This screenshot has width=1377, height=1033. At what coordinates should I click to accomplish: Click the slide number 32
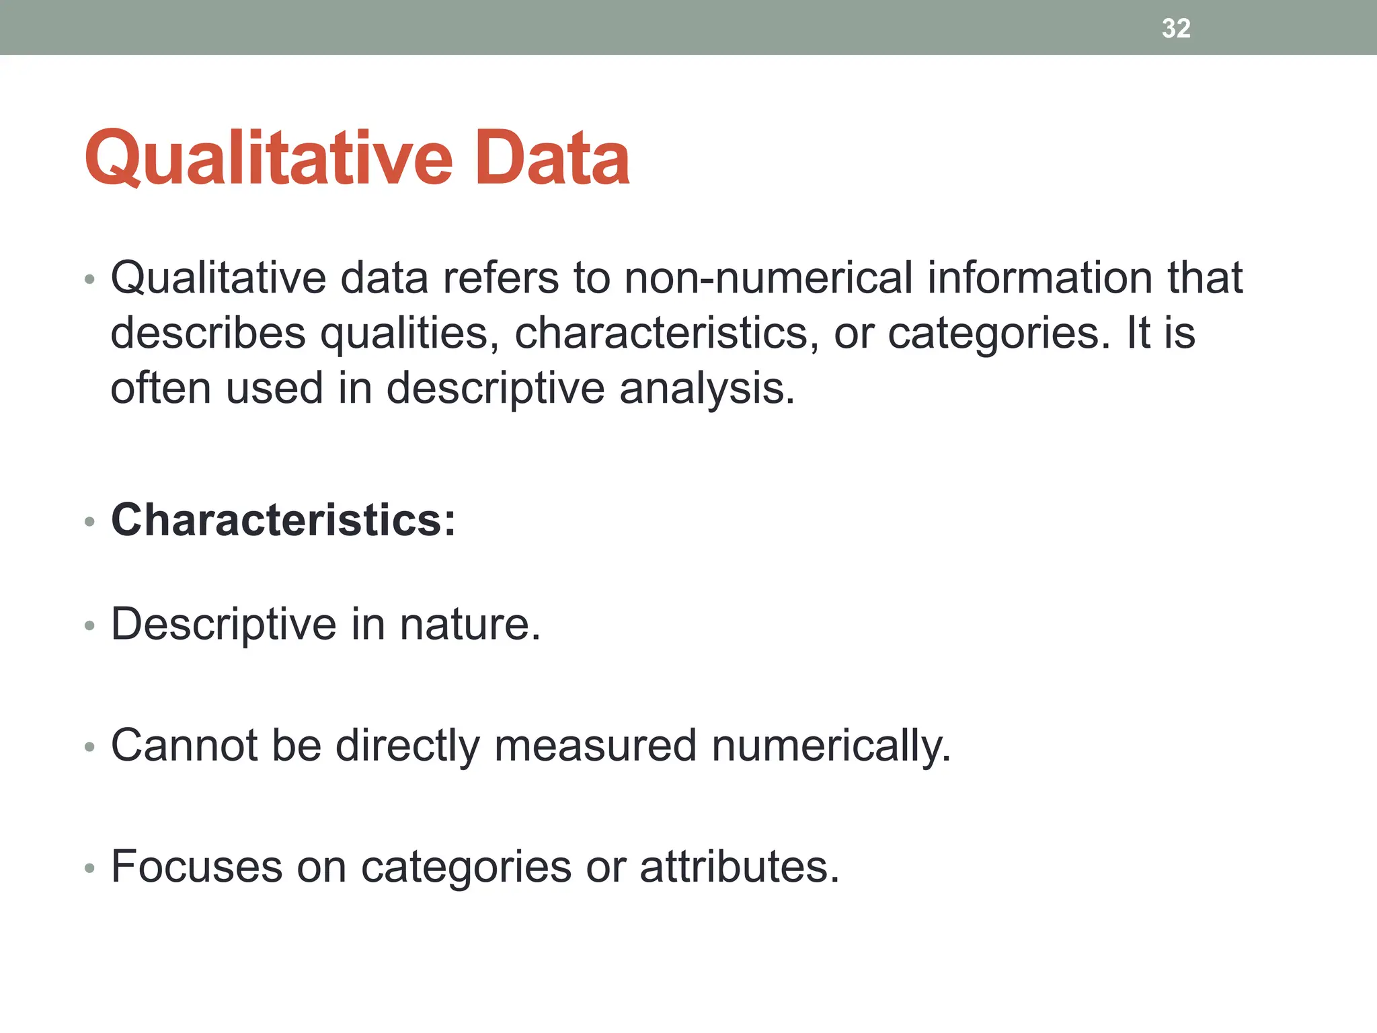point(1176,28)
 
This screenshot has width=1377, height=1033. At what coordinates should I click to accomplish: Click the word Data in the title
point(552,158)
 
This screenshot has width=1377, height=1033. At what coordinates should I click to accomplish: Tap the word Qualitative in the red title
point(269,158)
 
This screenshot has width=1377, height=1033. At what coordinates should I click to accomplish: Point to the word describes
point(208,334)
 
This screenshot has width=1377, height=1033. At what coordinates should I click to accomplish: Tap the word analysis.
point(707,389)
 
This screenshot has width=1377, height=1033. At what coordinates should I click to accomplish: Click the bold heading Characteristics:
point(283,520)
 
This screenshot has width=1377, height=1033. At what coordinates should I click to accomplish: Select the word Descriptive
point(223,625)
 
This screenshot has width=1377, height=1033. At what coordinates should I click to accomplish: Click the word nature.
point(470,625)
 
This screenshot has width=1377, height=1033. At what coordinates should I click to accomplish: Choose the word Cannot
point(184,746)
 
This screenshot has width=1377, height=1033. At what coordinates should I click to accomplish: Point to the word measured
point(595,746)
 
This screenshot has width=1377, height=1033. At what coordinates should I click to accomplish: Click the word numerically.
point(831,746)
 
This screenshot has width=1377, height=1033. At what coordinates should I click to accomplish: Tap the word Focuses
point(196,867)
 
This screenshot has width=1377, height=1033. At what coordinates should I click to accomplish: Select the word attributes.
point(739,867)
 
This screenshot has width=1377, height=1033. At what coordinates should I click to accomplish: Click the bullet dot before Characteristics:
point(90,522)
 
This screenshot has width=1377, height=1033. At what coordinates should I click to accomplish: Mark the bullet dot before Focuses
point(90,869)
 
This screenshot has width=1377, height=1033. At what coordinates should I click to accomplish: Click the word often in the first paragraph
point(160,389)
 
